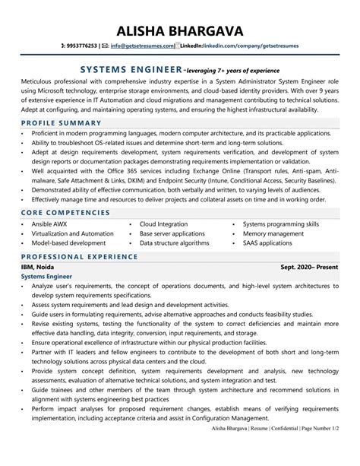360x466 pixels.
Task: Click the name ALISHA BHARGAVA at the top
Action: (180, 30)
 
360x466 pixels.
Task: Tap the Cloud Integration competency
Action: (163, 224)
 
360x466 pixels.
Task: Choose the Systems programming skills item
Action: (280, 224)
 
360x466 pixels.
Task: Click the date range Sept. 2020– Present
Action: (309, 268)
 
